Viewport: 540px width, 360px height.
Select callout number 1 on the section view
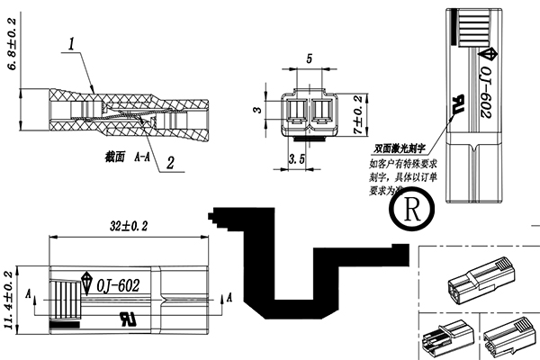click(71, 43)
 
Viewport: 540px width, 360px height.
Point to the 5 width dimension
click(310, 58)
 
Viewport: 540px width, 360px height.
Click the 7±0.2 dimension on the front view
click(357, 114)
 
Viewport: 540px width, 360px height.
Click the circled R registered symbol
click(413, 213)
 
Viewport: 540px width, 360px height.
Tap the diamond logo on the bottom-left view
click(87, 282)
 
